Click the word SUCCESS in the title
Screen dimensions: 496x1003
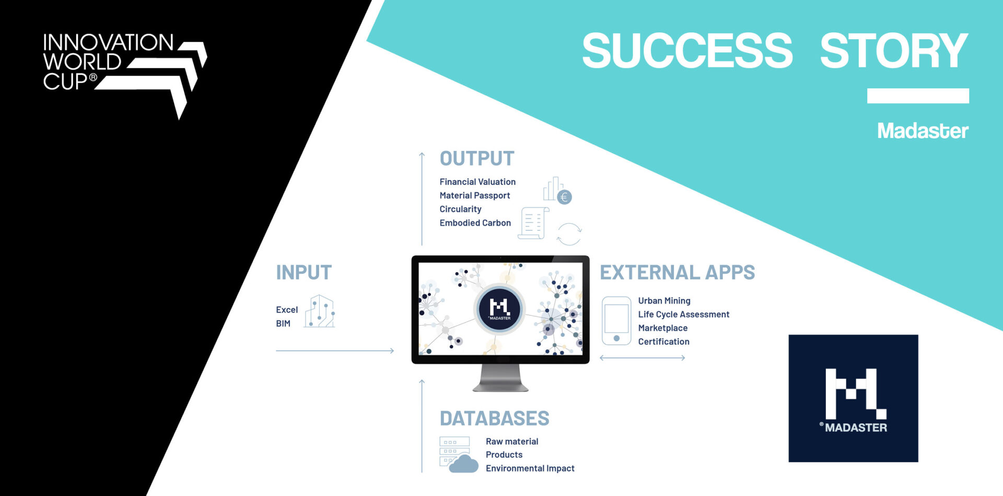coord(687,51)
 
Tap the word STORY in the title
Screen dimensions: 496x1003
coord(894,51)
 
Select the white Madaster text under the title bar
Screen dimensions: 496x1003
coord(923,131)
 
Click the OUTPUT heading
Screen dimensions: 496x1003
coord(477,158)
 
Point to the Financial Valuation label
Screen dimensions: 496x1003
coord(477,182)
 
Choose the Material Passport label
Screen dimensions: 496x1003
coord(474,195)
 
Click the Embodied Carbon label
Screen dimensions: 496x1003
coord(475,223)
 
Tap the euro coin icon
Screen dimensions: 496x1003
coord(564,197)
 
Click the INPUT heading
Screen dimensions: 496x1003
coord(304,272)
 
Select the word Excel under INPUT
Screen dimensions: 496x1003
coord(287,310)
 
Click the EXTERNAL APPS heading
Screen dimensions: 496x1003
coord(677,272)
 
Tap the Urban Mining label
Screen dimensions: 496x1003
coord(664,301)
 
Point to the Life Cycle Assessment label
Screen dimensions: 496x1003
coord(683,314)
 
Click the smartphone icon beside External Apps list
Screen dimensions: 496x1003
coord(616,321)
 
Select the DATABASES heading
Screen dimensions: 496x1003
coord(494,418)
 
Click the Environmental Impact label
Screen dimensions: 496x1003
coord(530,468)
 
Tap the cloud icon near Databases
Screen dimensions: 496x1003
coord(463,464)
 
